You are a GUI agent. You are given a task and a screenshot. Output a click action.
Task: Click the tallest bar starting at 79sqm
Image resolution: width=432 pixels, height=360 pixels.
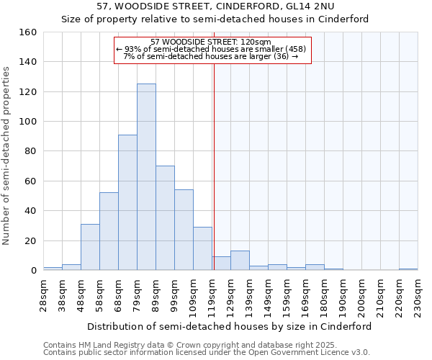[x=146, y=177]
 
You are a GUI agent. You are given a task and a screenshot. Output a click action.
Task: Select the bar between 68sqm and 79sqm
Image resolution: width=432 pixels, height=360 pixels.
[x=127, y=202]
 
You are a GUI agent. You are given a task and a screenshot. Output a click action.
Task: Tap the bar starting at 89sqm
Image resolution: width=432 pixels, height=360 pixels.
[x=165, y=218]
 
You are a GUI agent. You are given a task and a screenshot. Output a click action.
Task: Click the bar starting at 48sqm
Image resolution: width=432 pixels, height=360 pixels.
[x=90, y=247]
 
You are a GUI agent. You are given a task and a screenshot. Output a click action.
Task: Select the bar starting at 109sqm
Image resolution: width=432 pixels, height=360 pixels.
[x=202, y=248]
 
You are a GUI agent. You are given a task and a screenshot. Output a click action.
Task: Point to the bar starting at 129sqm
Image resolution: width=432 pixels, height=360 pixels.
[x=240, y=261]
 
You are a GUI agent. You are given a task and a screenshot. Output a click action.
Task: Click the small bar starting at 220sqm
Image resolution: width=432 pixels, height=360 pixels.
[x=408, y=269]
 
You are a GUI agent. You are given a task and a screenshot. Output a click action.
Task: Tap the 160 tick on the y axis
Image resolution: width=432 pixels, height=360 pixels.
[x=29, y=32]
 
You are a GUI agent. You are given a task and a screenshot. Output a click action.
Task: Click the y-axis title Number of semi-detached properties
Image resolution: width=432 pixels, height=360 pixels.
[x=7, y=153]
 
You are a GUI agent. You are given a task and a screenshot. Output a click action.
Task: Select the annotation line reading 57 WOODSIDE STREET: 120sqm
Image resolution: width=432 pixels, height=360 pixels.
[x=211, y=42]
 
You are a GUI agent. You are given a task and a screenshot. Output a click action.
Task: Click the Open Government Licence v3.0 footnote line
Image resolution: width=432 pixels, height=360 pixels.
[x=206, y=352]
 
